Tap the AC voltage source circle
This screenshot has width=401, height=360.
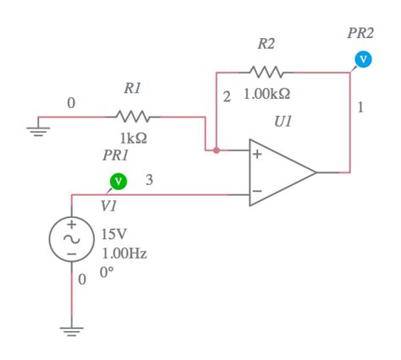71,239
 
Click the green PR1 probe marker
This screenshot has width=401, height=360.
118,181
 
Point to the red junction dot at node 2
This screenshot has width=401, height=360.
217,151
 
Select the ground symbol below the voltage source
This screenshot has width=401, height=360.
71,330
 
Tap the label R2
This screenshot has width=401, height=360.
266,42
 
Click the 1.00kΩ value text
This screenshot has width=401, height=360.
267,95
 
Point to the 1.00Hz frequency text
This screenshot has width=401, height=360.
124,253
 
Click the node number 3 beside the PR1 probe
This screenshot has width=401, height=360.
149,179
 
